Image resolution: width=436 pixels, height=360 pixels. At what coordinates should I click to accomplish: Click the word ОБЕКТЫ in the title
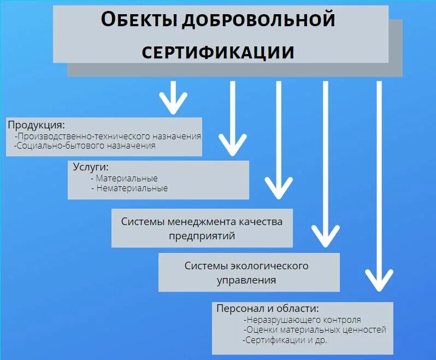tap(139, 20)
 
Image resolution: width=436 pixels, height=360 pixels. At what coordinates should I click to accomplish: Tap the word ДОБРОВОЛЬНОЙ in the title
tap(258, 20)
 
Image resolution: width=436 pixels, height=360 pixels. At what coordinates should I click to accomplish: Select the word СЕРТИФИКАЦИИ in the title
tap(218, 52)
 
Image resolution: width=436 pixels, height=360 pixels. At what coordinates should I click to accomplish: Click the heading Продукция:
tap(36, 125)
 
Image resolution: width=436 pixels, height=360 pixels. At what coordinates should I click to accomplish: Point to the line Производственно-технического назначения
tap(108, 136)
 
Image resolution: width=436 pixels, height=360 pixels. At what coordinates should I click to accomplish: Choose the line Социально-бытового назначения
tap(85, 146)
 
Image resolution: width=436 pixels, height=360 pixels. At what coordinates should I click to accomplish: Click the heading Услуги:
tap(91, 167)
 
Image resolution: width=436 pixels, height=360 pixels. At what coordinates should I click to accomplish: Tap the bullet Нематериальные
tap(129, 188)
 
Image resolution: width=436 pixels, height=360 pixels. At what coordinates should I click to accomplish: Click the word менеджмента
tap(201, 222)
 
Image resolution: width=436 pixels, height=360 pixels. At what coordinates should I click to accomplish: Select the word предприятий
tap(202, 236)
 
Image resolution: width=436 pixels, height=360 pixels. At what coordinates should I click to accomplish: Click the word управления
tap(246, 280)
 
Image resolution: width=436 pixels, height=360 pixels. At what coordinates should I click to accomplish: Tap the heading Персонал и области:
tap(267, 308)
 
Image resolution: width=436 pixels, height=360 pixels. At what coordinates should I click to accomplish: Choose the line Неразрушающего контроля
tap(303, 320)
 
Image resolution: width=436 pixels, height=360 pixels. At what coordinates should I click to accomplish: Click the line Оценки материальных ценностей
tap(315, 329)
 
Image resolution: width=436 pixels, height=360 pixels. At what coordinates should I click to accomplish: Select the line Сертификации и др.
tap(286, 339)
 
